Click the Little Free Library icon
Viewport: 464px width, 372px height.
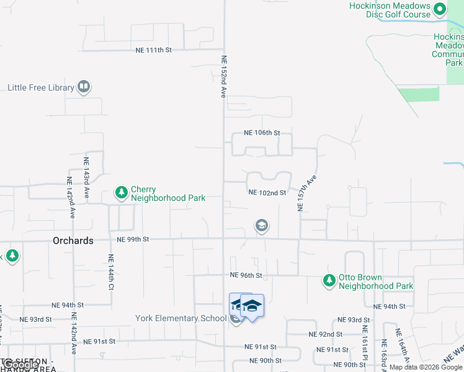(x=84, y=87)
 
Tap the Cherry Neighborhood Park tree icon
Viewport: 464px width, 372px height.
(x=121, y=194)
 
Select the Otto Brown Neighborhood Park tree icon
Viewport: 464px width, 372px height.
(x=329, y=281)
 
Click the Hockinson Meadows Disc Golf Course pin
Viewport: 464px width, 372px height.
(x=440, y=9)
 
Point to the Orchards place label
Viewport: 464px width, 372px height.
(x=73, y=241)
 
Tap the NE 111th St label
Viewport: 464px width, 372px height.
(x=153, y=50)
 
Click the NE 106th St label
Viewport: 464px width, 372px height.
(x=262, y=133)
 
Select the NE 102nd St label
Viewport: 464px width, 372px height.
(x=267, y=193)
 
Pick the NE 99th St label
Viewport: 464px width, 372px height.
(x=133, y=239)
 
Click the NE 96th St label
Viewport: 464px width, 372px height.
(x=246, y=275)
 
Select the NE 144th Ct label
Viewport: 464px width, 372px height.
(x=111, y=273)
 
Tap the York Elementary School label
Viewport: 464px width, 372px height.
(x=181, y=319)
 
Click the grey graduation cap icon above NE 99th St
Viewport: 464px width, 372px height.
(x=262, y=226)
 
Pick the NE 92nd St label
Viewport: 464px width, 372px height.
(x=326, y=334)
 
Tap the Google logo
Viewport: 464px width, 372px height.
(x=20, y=365)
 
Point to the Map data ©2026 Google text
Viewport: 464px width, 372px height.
(x=426, y=368)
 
